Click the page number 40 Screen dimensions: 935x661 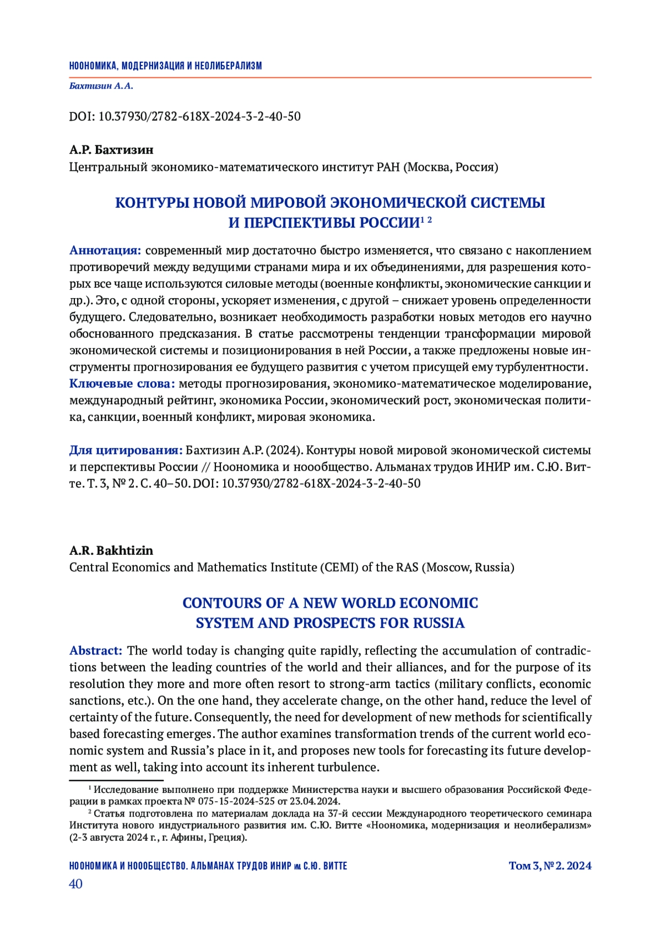click(x=75, y=884)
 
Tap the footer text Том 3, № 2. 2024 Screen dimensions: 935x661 click(x=550, y=866)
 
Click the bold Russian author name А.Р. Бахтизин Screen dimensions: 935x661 click(x=111, y=150)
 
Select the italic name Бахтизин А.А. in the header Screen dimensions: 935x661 click(x=101, y=86)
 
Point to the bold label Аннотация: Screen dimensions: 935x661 click(x=105, y=251)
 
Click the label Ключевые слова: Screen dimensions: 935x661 click(x=122, y=383)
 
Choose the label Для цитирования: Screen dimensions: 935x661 click(x=126, y=450)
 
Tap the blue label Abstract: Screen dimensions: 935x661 click(x=95, y=651)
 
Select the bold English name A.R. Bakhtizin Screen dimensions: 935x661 click(x=111, y=550)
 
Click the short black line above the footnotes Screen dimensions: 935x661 click(x=116, y=780)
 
